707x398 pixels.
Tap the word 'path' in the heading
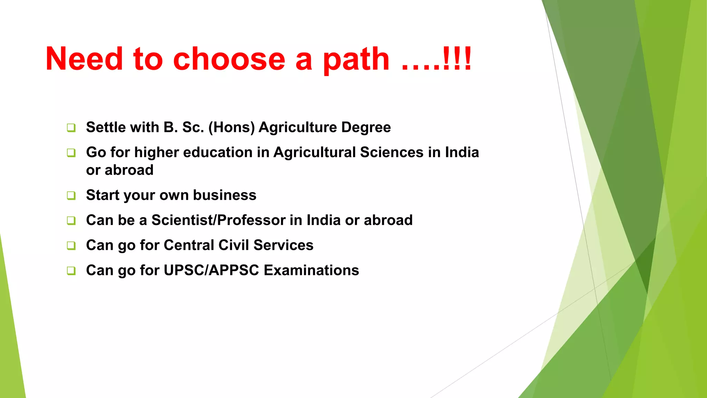(x=356, y=59)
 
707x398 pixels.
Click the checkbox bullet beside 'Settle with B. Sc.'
(x=71, y=127)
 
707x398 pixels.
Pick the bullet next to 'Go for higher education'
(x=71, y=152)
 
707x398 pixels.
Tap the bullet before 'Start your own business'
(x=71, y=195)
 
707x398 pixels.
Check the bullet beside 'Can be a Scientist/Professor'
(x=71, y=220)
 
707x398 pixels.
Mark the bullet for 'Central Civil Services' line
(x=71, y=245)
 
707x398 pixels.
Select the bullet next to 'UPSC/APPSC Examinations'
(x=71, y=271)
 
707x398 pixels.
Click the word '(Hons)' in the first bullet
(x=231, y=127)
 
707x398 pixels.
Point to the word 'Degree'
(x=366, y=127)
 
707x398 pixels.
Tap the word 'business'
(x=224, y=195)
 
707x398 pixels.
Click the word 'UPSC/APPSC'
(x=211, y=270)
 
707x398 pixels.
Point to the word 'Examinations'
(x=311, y=270)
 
